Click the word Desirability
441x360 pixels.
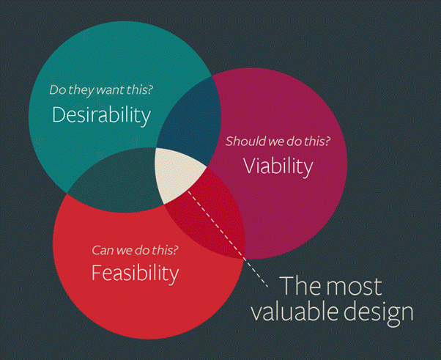(x=102, y=115)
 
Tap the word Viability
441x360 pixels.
(x=278, y=166)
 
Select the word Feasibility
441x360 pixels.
(x=136, y=273)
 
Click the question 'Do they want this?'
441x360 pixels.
(x=101, y=90)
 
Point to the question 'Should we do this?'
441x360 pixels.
(x=278, y=141)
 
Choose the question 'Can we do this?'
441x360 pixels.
(x=135, y=250)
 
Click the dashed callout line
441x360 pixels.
(x=228, y=239)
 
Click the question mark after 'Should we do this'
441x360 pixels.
(x=327, y=141)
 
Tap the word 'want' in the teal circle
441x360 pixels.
(x=110, y=90)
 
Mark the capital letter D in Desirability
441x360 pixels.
(x=58, y=114)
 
